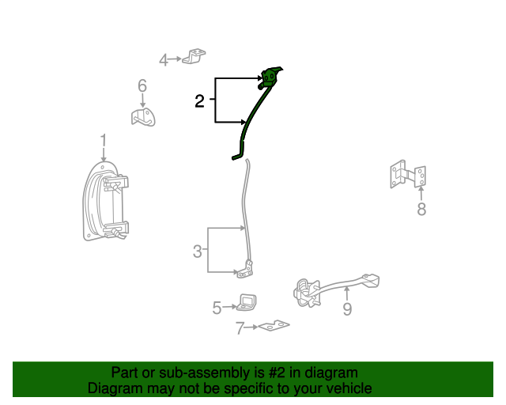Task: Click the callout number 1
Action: pyautogui.click(x=103, y=141)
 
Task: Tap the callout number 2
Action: pyautogui.click(x=200, y=100)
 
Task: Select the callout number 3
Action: pyautogui.click(x=197, y=252)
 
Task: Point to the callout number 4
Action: pyautogui.click(x=164, y=59)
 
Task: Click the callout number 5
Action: pyautogui.click(x=217, y=308)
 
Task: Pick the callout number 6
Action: pyautogui.click(x=142, y=85)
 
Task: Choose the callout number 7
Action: pyautogui.click(x=240, y=328)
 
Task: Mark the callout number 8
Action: pyautogui.click(x=421, y=209)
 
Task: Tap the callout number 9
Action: pyautogui.click(x=347, y=308)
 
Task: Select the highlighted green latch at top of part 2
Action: pyautogui.click(x=270, y=77)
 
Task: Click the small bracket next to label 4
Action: pyautogui.click(x=194, y=57)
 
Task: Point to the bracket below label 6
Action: pyautogui.click(x=143, y=117)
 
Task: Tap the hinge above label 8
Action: pyautogui.click(x=408, y=176)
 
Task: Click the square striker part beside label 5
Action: pyautogui.click(x=248, y=302)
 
